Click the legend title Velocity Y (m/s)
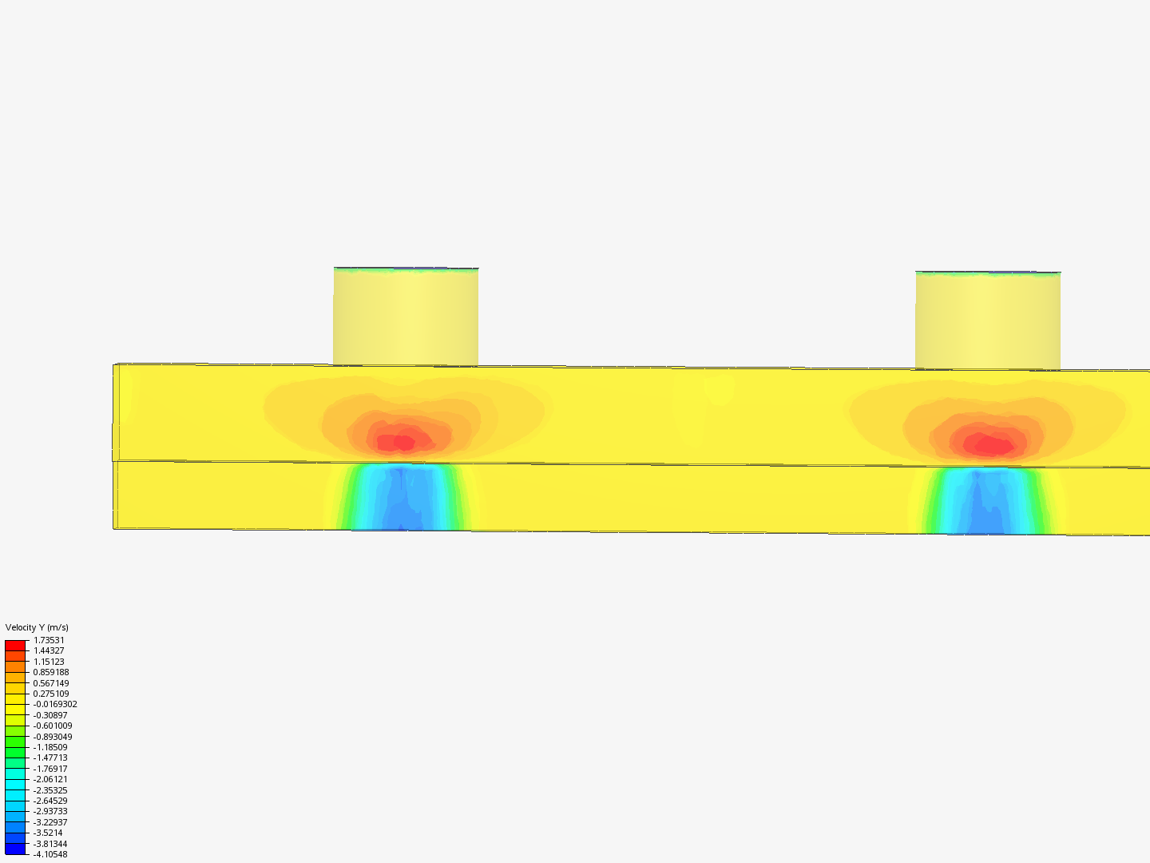tap(37, 627)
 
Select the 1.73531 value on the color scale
tap(49, 640)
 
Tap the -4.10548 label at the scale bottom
tap(50, 854)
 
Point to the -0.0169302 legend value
tap(55, 705)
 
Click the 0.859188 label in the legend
tap(51, 672)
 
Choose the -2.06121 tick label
tap(50, 779)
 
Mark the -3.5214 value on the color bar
tap(48, 833)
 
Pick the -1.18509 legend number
tap(50, 747)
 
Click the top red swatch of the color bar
tap(15, 646)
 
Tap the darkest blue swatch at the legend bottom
tap(15, 849)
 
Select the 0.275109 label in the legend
tap(51, 694)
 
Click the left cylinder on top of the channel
tap(406, 318)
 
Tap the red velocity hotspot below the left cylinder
tap(403, 441)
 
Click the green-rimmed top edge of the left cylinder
tap(406, 270)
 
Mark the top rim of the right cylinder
tap(988, 273)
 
